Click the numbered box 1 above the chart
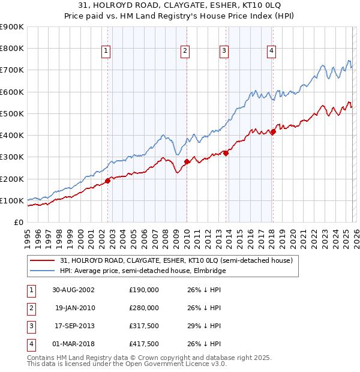(106, 52)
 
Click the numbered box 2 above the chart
(185, 52)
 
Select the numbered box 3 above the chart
(224, 52)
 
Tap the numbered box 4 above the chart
(271, 52)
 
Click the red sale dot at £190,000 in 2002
(108, 181)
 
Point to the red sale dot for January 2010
(187, 161)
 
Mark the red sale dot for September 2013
(226, 153)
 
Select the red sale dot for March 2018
(273, 131)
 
